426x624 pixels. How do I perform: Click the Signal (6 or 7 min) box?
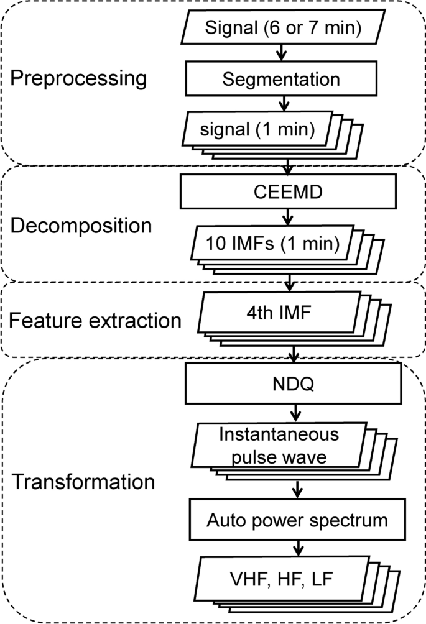tap(280, 28)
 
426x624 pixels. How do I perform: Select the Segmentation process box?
tap(281, 80)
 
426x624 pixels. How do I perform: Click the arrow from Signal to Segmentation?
tap(281, 53)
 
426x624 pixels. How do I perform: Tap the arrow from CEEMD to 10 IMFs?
tap(287, 218)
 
